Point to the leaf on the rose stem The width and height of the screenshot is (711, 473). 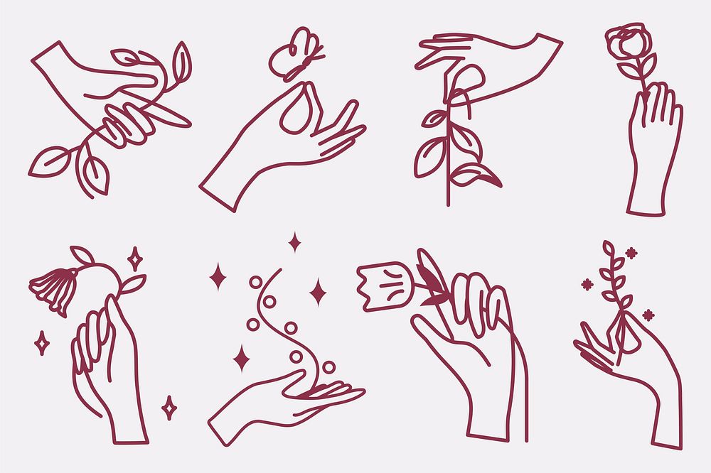coord(629,70)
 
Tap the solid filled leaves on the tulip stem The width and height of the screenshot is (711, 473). coord(431,287)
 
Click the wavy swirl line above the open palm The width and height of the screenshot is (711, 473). coord(274,320)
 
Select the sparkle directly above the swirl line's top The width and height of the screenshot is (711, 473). coord(294,242)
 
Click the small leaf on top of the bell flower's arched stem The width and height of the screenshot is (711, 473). coord(81,254)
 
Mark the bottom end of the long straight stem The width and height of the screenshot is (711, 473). coord(447,202)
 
